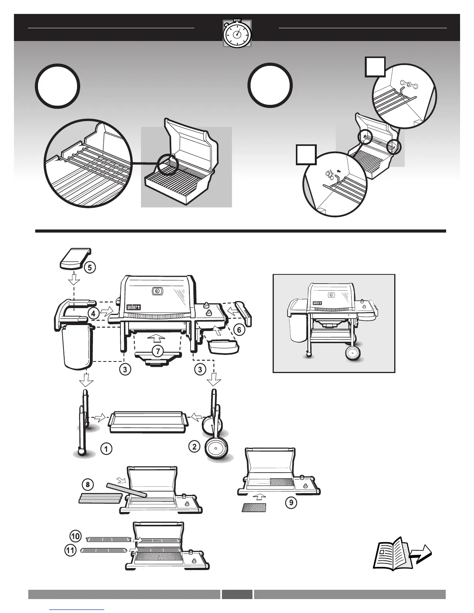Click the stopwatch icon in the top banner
pyautogui.click(x=237, y=34)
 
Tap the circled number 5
pyautogui.click(x=89, y=267)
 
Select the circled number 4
pyautogui.click(x=93, y=313)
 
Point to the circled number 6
pyautogui.click(x=239, y=330)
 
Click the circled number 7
pyautogui.click(x=157, y=351)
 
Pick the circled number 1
pyautogui.click(x=106, y=449)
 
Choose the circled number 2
pyautogui.click(x=194, y=446)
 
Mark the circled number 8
pyautogui.click(x=88, y=484)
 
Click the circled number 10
pyautogui.click(x=76, y=536)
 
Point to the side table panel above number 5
pyautogui.click(x=75, y=259)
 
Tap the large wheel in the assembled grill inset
pyautogui.click(x=353, y=353)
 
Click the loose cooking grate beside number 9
pyautogui.click(x=254, y=507)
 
